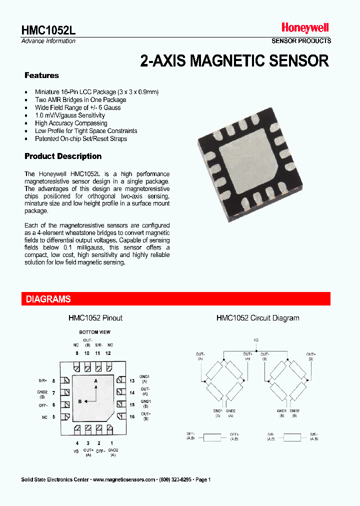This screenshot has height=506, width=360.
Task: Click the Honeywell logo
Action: coord(304,28)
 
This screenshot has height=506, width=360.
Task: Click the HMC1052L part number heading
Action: coord(48,29)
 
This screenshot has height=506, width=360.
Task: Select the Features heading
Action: coord(41,75)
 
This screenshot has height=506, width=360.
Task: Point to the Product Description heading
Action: coord(63,156)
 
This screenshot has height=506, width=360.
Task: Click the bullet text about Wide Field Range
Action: coord(77,107)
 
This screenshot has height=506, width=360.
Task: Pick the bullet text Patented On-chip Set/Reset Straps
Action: coord(81,138)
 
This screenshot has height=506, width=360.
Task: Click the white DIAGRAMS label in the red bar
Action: coord(48,299)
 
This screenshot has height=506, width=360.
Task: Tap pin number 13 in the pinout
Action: coord(132,381)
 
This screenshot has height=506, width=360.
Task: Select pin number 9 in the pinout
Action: coord(77,353)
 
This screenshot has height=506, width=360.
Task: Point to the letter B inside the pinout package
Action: coord(79,400)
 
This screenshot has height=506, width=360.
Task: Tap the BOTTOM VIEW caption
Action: coord(94,332)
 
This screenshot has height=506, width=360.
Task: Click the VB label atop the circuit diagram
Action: coord(256,340)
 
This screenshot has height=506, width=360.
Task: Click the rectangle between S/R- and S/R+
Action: coord(292,437)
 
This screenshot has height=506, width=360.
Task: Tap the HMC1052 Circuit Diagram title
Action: coord(257,318)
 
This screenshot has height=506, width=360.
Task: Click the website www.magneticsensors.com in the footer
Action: coord(124,479)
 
